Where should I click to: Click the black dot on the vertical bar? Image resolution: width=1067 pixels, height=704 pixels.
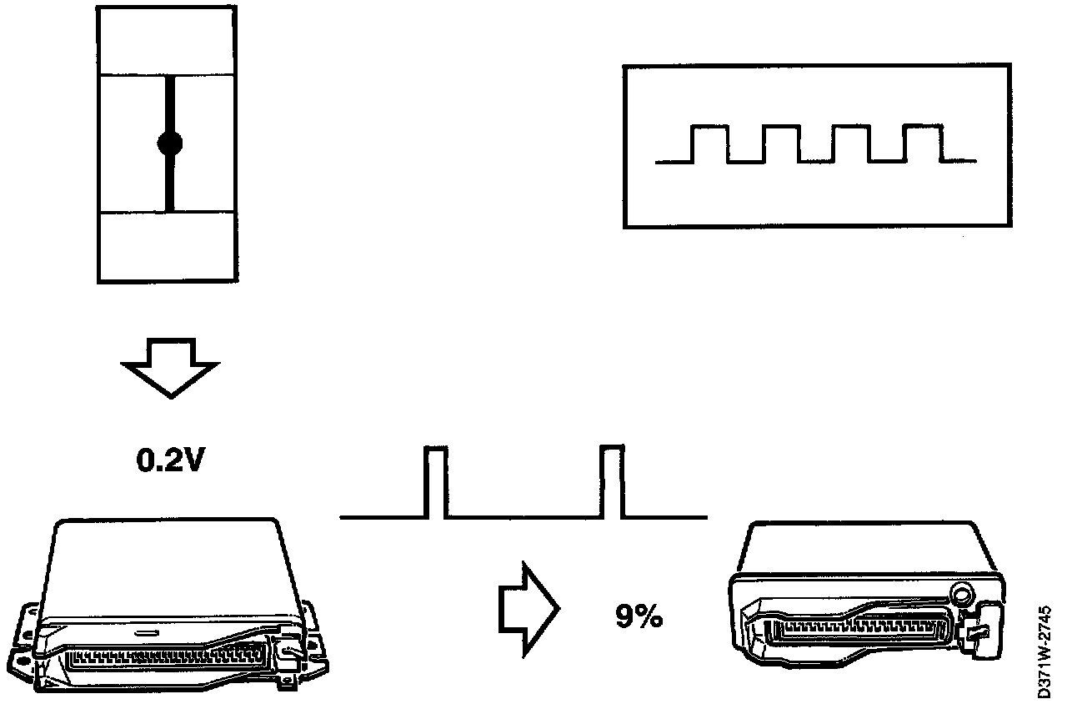click(x=169, y=143)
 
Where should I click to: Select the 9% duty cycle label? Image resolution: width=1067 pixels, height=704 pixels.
click(x=639, y=617)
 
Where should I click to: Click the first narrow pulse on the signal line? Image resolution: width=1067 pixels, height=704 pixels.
click(x=436, y=482)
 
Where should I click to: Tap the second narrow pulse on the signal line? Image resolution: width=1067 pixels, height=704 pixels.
click(x=611, y=482)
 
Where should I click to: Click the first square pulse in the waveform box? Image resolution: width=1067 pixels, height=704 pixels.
click(x=711, y=143)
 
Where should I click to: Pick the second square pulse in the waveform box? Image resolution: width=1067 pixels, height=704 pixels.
click(x=782, y=143)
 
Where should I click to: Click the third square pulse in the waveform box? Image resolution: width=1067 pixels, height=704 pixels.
click(x=852, y=143)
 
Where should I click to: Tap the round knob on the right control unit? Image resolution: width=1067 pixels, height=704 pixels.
click(x=961, y=596)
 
